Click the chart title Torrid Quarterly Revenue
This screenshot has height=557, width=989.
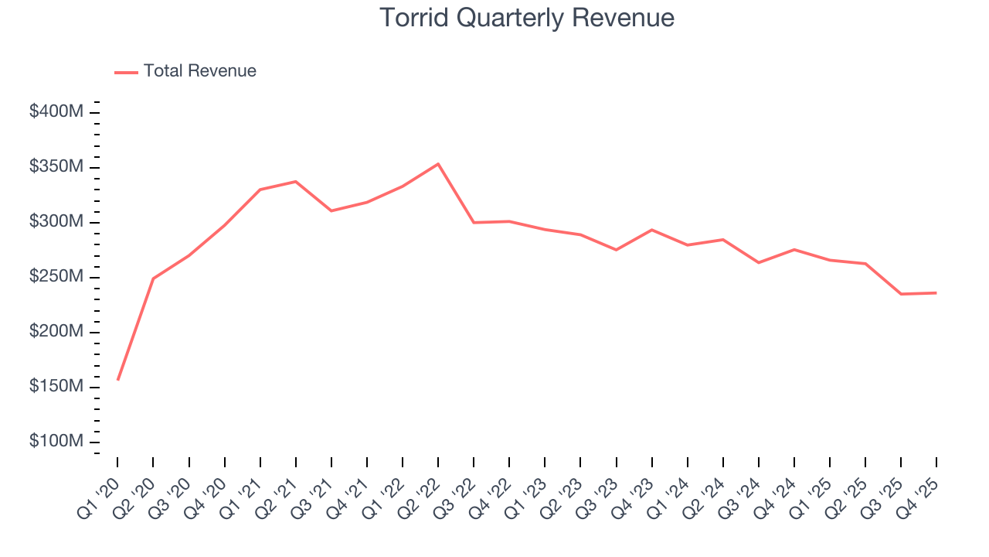pos(527,18)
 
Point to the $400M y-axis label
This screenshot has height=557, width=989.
pos(56,112)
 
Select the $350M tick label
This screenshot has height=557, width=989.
pos(56,167)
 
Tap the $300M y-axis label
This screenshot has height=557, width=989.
pos(56,222)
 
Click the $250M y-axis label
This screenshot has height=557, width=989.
pos(56,277)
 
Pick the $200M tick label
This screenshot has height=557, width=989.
pos(56,332)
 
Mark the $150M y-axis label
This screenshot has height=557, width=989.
pos(56,387)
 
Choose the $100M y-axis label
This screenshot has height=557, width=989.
pos(56,442)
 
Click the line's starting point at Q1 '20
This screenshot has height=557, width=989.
pos(117,380)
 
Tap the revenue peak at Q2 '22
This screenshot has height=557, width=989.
pos(438,164)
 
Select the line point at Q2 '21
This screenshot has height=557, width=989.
pos(296,182)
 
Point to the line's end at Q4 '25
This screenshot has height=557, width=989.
pos(936,293)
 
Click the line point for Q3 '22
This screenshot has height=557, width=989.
pos(474,223)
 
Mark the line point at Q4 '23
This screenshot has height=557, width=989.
pos(651,230)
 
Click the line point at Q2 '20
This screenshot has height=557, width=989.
pos(153,278)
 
